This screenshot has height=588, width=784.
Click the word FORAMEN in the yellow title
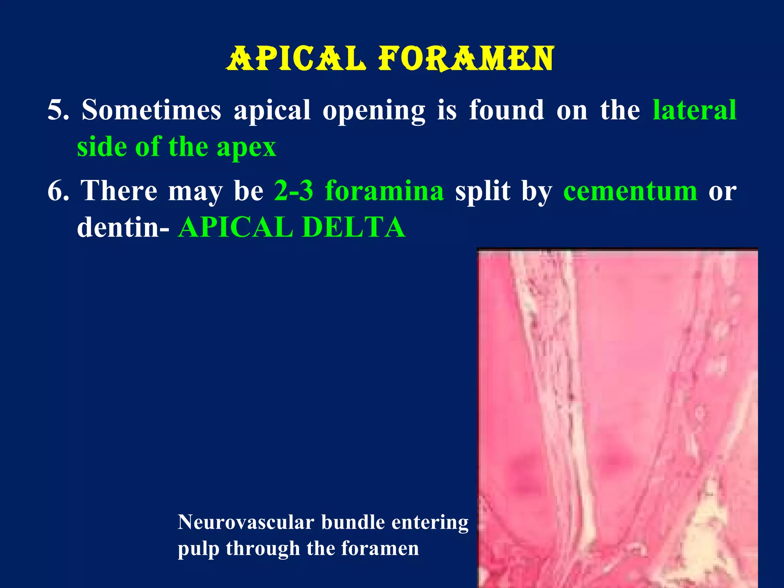[x=465, y=59]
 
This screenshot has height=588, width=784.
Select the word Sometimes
[x=151, y=110]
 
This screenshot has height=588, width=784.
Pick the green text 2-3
[x=294, y=191]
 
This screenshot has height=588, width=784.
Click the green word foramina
[x=384, y=191]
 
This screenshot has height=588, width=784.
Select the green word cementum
[x=630, y=191]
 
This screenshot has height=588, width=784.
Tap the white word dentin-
[x=123, y=227]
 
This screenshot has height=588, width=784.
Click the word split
[x=482, y=191]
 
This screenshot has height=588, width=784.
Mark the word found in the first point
[x=506, y=110]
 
